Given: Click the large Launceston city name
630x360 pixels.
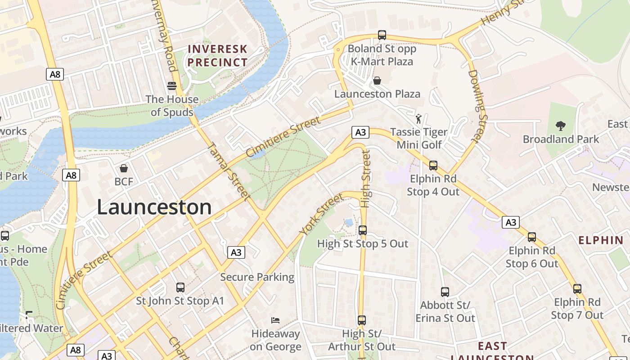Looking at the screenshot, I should point(154,207).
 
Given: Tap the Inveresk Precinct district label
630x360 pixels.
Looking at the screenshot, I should point(217,56).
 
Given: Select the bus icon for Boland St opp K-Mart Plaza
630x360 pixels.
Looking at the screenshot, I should point(382,35).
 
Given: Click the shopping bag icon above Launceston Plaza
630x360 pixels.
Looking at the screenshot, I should point(377,81).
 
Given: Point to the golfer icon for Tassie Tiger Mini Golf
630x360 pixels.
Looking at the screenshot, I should point(419,119).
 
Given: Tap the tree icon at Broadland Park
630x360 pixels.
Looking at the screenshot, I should point(560,126).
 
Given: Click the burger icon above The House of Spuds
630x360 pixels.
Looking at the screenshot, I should point(171,85).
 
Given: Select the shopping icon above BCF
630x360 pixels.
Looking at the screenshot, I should point(124,168).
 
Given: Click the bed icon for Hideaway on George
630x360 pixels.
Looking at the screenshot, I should point(275,320).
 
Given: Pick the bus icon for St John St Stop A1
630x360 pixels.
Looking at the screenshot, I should point(180,287).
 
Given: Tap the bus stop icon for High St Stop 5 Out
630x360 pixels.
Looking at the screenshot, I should point(362,230).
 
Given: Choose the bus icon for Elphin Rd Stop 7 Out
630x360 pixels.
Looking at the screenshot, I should point(577,288).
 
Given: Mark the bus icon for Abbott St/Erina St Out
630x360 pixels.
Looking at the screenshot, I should point(445,292).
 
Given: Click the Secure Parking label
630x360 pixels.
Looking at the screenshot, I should point(257,277).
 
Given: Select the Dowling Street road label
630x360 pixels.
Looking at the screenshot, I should point(478,106).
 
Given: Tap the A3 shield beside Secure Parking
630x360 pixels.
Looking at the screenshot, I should point(236,252).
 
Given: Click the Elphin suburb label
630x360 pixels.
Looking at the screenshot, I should point(601,240).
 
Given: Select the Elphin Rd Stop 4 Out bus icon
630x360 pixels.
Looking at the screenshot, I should point(433,165).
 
